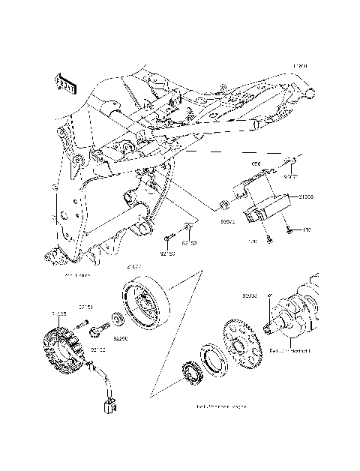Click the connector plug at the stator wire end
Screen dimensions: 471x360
click(110, 407)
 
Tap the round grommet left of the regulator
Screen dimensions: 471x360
click(223, 205)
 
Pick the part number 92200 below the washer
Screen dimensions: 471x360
click(119, 338)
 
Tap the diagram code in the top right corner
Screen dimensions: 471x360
click(299, 66)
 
